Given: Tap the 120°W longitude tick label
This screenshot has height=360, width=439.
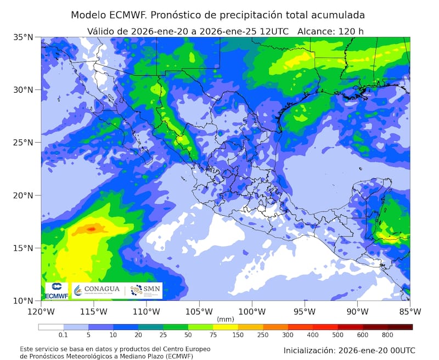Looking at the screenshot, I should coord(41,312).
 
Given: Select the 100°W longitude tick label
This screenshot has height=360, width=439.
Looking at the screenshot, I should coord(252,312).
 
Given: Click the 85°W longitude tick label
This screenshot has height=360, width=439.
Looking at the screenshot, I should coord(410,312).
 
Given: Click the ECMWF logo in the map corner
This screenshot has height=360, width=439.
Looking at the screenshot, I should coord(56,291).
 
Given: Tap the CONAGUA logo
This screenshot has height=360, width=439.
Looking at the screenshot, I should coord(98,290).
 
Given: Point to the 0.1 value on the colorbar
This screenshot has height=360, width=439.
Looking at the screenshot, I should coord(63,335).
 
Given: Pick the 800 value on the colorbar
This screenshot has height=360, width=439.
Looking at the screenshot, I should coord(387,335).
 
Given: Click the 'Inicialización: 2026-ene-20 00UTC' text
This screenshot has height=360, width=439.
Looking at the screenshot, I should coord(349,350).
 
